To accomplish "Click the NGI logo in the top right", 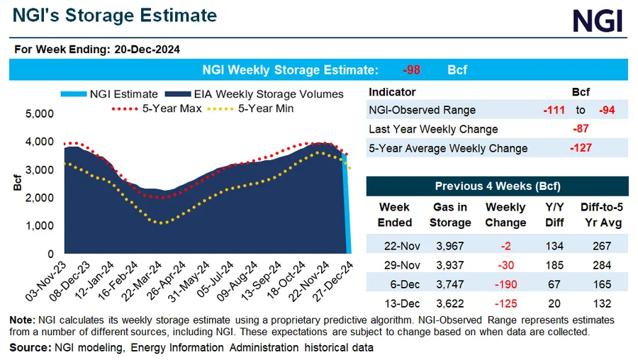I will click(x=597, y=21).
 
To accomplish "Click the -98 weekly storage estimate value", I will click(x=412, y=70).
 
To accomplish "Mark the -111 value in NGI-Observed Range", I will click(x=554, y=110).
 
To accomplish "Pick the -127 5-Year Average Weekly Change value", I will click(x=581, y=148).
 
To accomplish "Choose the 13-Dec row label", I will click(x=394, y=303).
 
